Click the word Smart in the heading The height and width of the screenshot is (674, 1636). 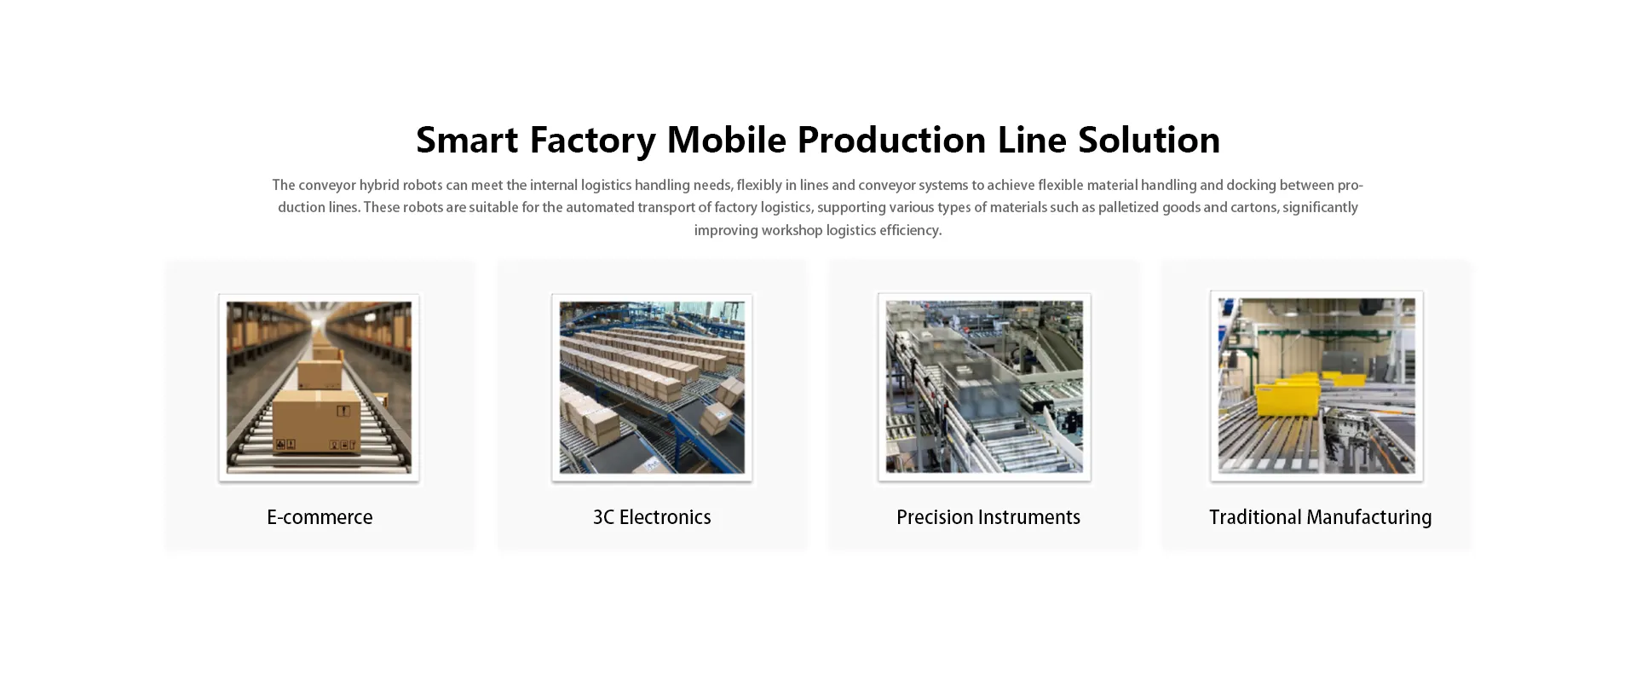(x=467, y=140)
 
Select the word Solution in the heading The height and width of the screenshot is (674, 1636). (x=1149, y=140)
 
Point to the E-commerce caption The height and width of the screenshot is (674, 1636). (x=320, y=517)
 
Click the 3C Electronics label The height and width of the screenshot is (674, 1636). (x=652, y=517)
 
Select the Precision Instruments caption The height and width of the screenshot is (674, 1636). (x=988, y=517)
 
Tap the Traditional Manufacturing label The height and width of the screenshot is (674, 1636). (x=1320, y=517)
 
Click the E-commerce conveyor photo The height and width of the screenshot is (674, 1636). (x=319, y=388)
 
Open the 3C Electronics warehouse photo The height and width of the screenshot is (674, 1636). (x=652, y=388)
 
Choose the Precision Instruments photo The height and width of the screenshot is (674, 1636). (x=984, y=387)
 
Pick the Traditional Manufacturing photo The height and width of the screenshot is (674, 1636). (x=1316, y=386)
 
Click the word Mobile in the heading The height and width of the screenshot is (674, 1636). (x=726, y=140)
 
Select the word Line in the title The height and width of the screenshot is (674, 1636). (x=1032, y=140)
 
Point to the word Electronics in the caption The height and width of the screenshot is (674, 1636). (x=665, y=517)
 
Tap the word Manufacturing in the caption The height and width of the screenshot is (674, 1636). (x=1369, y=517)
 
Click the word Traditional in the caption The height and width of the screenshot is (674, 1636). (x=1255, y=517)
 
